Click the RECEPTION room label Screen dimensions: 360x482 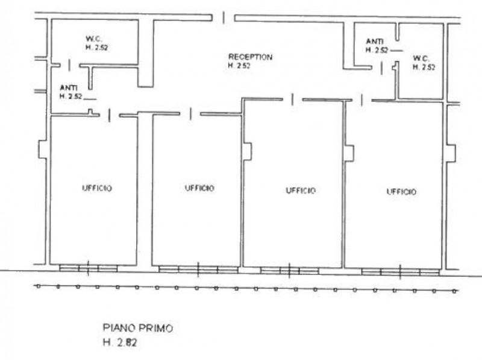pyautogui.click(x=250, y=57)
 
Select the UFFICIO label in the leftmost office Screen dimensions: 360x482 pyautogui.click(x=97, y=188)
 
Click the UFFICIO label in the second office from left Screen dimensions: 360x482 pyautogui.click(x=199, y=188)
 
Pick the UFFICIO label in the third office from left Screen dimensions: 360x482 pyautogui.click(x=300, y=191)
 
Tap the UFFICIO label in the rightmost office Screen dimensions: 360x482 pyautogui.click(x=401, y=192)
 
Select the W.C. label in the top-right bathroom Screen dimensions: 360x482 pyautogui.click(x=421, y=58)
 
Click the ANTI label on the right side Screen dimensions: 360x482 pyautogui.click(x=374, y=42)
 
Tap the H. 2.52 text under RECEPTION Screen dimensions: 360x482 pyautogui.click(x=239, y=66)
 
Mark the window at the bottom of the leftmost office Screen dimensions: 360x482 pyautogui.click(x=89, y=268)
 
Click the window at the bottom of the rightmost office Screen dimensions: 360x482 pyautogui.click(x=400, y=271)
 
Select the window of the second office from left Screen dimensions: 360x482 pyautogui.click(x=199, y=269)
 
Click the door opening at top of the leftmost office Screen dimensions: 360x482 pyautogui.click(x=110, y=115)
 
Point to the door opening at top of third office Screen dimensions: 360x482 pyautogui.click(x=292, y=99)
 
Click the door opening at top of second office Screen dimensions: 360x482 pyautogui.click(x=190, y=113)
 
